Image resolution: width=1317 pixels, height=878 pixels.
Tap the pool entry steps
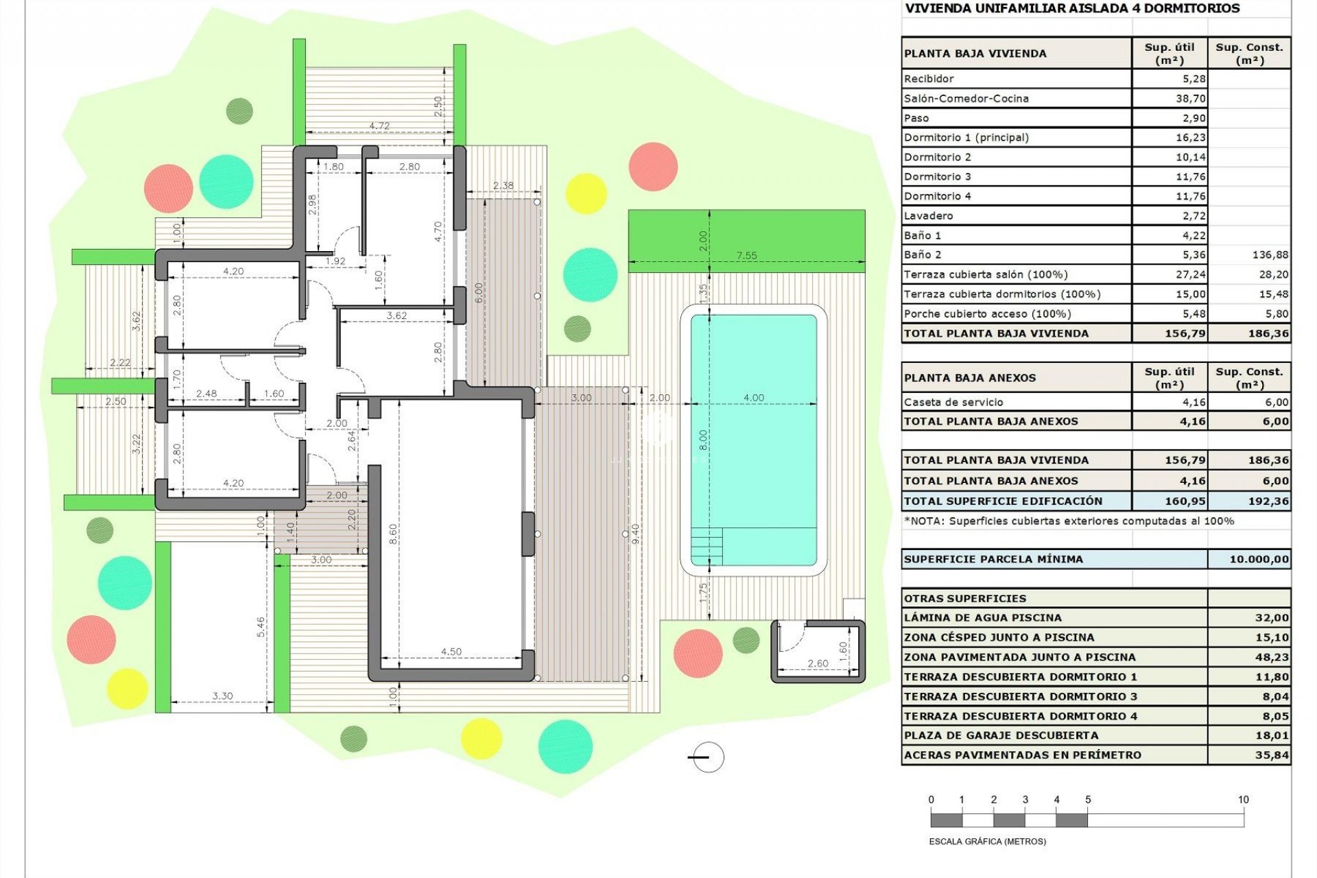point(706,546)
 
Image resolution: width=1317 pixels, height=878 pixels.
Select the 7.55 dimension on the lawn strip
point(746,255)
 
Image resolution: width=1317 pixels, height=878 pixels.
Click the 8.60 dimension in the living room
point(393,533)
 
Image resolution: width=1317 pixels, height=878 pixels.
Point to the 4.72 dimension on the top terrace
point(379,126)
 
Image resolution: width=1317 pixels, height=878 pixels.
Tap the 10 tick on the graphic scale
point(1243,800)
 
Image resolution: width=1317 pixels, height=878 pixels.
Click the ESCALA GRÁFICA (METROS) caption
point(987,841)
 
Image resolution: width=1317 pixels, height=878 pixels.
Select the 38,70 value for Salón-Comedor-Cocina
point(1190,99)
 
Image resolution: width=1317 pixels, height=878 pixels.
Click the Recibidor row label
point(929,79)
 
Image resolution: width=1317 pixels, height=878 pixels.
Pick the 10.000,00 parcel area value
point(1259,559)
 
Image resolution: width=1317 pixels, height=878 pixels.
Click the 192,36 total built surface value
point(1268,501)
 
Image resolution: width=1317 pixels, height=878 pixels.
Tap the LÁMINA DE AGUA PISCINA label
point(982,618)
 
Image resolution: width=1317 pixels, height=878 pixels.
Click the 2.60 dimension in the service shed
point(818,663)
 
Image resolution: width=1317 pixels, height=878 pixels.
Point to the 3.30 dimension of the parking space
point(222,696)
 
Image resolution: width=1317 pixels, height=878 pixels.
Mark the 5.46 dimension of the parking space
point(261,626)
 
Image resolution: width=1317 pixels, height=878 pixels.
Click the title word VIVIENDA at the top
point(936,9)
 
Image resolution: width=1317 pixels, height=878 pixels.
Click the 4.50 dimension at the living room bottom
point(451,652)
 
